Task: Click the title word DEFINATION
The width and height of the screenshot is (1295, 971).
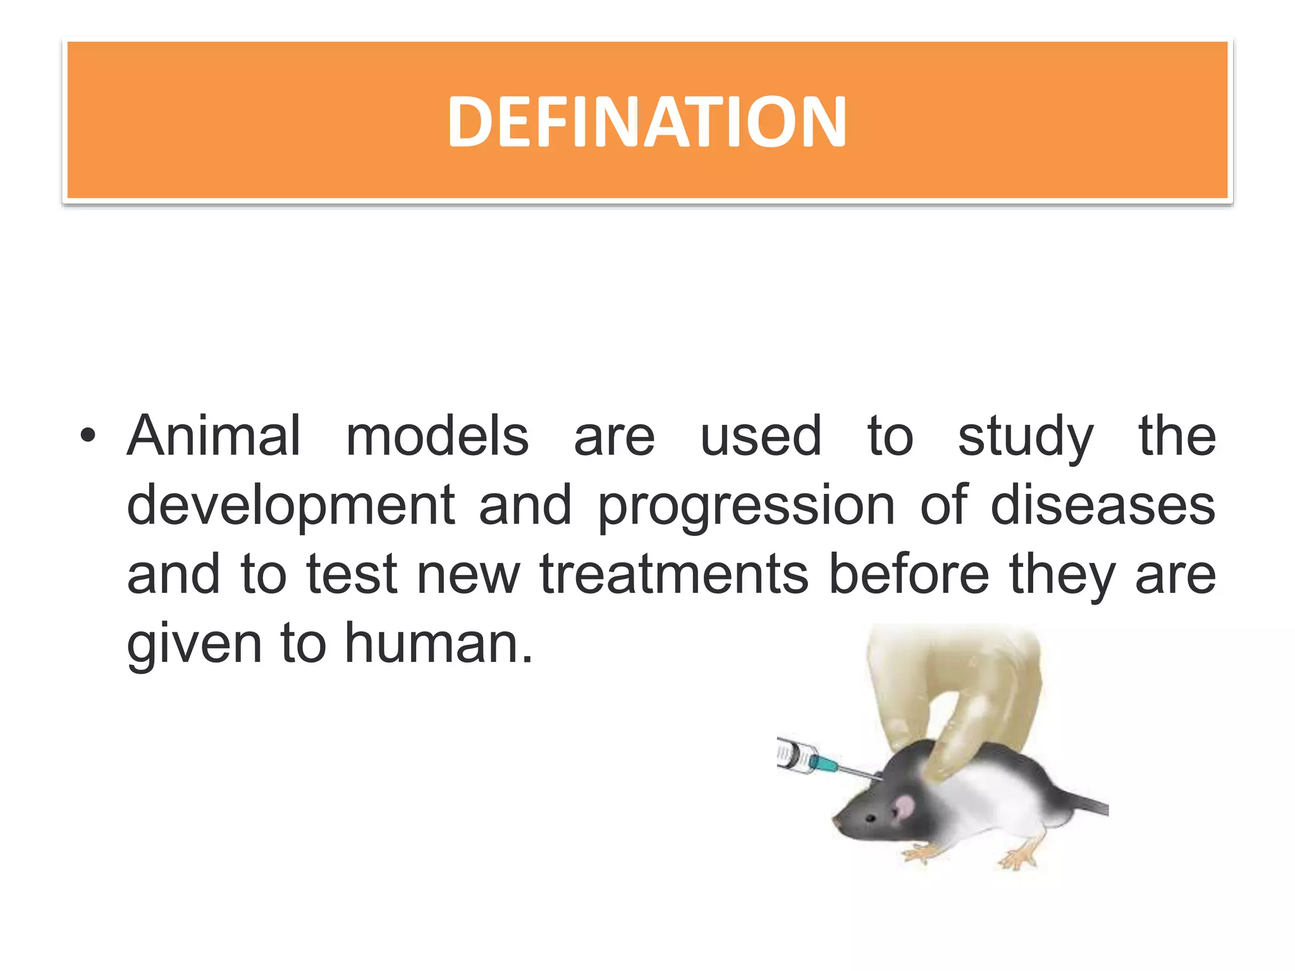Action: click(646, 121)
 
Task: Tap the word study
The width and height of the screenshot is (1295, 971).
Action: click(1025, 437)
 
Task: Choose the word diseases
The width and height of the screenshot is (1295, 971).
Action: click(1102, 505)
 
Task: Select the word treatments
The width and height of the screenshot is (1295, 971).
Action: click(674, 575)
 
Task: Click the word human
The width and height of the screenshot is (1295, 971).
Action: click(439, 644)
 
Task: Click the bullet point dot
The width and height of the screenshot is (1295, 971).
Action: click(88, 436)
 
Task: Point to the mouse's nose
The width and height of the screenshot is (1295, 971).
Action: click(836, 821)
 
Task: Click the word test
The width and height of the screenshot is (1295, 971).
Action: click(352, 575)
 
